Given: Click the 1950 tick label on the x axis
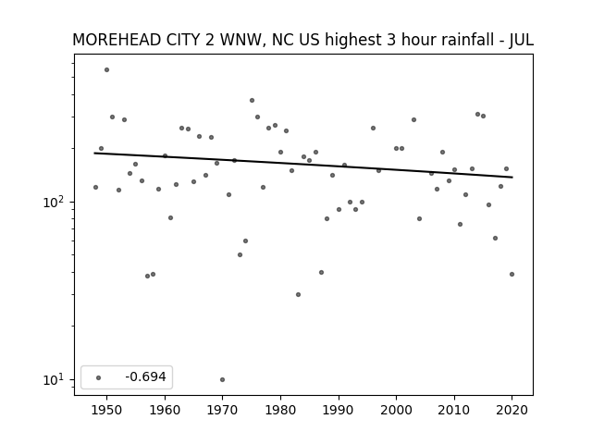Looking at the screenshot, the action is click(x=107, y=410).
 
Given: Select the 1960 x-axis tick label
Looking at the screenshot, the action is click(x=165, y=410).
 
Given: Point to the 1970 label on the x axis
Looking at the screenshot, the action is click(x=222, y=410).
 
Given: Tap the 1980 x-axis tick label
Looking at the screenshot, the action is click(x=280, y=410).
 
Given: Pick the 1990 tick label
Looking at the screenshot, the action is click(x=339, y=410).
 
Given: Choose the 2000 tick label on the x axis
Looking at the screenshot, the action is click(x=397, y=410).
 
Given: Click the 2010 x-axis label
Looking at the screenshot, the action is click(x=454, y=410).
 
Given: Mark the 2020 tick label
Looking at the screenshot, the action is click(x=512, y=410).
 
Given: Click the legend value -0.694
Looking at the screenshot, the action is click(x=145, y=376).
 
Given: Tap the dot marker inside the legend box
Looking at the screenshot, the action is click(x=99, y=377).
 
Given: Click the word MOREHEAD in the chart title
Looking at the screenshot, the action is click(x=117, y=40).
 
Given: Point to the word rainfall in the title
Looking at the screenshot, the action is click(x=466, y=40).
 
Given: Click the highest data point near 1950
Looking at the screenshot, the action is click(x=107, y=70).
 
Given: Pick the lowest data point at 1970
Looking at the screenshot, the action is click(x=222, y=379).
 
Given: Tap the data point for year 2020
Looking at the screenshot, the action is click(x=512, y=274).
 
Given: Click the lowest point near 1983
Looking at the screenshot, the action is click(x=298, y=294).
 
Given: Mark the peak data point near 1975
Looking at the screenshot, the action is click(x=252, y=101).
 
